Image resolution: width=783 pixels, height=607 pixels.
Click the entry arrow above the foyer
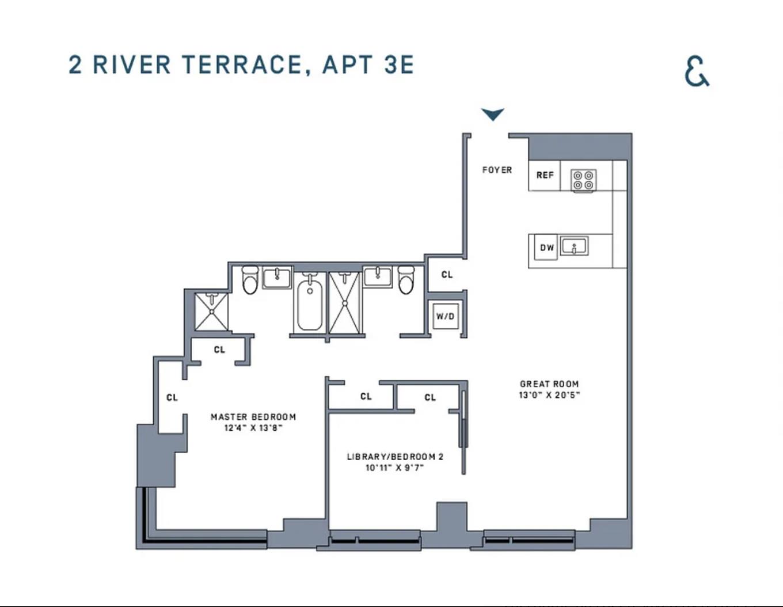(493, 114)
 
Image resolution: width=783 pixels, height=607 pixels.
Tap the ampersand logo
(697, 71)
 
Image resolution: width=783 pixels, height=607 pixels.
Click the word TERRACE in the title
(242, 65)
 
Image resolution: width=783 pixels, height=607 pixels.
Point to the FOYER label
(497, 170)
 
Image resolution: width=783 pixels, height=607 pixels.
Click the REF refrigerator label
(545, 175)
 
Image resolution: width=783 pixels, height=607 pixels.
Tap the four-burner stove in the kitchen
(583, 180)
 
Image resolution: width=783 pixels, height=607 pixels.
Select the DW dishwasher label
(546, 248)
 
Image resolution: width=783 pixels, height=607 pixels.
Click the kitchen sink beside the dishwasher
(574, 246)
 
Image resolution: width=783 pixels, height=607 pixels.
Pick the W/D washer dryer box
(445, 316)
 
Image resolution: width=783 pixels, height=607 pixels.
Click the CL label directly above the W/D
(447, 275)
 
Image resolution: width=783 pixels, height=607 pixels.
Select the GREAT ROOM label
(549, 384)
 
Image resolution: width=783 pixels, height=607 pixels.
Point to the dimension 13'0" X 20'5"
(549, 395)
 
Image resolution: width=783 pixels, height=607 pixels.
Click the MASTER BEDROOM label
(253, 417)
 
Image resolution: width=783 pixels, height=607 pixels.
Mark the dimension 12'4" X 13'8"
(253, 428)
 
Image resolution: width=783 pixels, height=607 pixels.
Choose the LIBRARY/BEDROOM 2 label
(395, 457)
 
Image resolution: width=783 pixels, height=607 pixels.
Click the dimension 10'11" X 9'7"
(395, 468)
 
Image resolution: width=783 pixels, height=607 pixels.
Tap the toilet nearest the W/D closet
(406, 280)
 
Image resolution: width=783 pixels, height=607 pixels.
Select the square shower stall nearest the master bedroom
(211, 312)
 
